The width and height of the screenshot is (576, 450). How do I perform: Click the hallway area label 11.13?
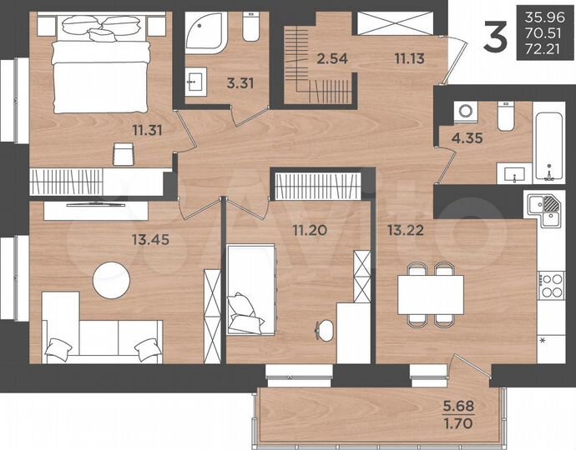click(410, 58)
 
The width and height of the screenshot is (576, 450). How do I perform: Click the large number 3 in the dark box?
click(497, 38)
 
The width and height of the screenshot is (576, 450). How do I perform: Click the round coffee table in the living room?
click(113, 279)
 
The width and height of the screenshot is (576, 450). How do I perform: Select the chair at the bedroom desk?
click(123, 153)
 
